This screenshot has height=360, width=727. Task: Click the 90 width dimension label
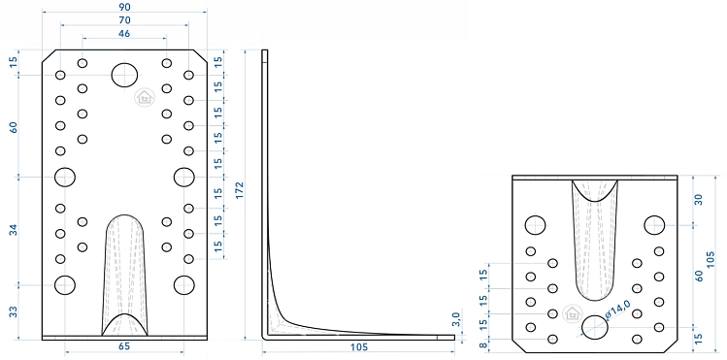point(124,7)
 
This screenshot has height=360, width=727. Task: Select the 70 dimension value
point(124,20)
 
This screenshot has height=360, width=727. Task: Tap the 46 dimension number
point(124,33)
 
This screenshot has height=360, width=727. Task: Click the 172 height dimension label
point(239,190)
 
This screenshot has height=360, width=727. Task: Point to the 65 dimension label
point(124,346)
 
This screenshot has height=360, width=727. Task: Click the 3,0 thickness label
point(456,319)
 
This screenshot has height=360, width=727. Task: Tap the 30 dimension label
point(699,200)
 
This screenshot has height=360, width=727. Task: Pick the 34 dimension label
point(14,229)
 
